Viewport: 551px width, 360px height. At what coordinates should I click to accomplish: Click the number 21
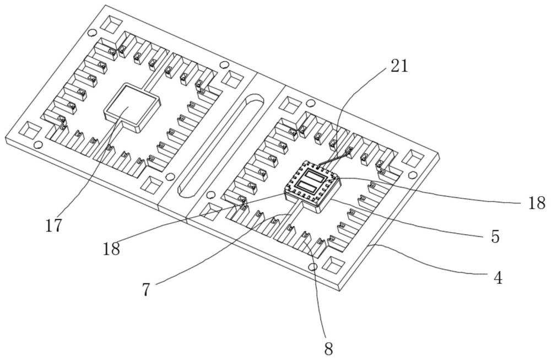[399, 66]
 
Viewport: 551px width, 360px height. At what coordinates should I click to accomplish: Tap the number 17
[54, 225]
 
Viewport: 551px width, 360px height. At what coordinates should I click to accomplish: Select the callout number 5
[495, 237]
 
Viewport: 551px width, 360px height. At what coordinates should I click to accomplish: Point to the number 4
[498, 278]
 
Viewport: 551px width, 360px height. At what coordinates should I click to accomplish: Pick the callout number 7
[147, 289]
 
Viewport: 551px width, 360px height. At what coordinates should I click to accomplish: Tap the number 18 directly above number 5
[537, 203]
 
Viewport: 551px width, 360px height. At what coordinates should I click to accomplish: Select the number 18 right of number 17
[111, 249]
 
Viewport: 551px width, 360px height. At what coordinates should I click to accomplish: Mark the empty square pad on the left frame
[132, 108]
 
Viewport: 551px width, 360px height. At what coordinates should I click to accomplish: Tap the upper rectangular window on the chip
[316, 175]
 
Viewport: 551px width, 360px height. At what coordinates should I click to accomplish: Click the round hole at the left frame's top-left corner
[91, 33]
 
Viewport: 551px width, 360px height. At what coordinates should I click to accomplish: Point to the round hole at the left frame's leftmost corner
[39, 144]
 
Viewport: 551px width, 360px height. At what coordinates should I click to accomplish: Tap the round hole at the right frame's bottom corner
[312, 266]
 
